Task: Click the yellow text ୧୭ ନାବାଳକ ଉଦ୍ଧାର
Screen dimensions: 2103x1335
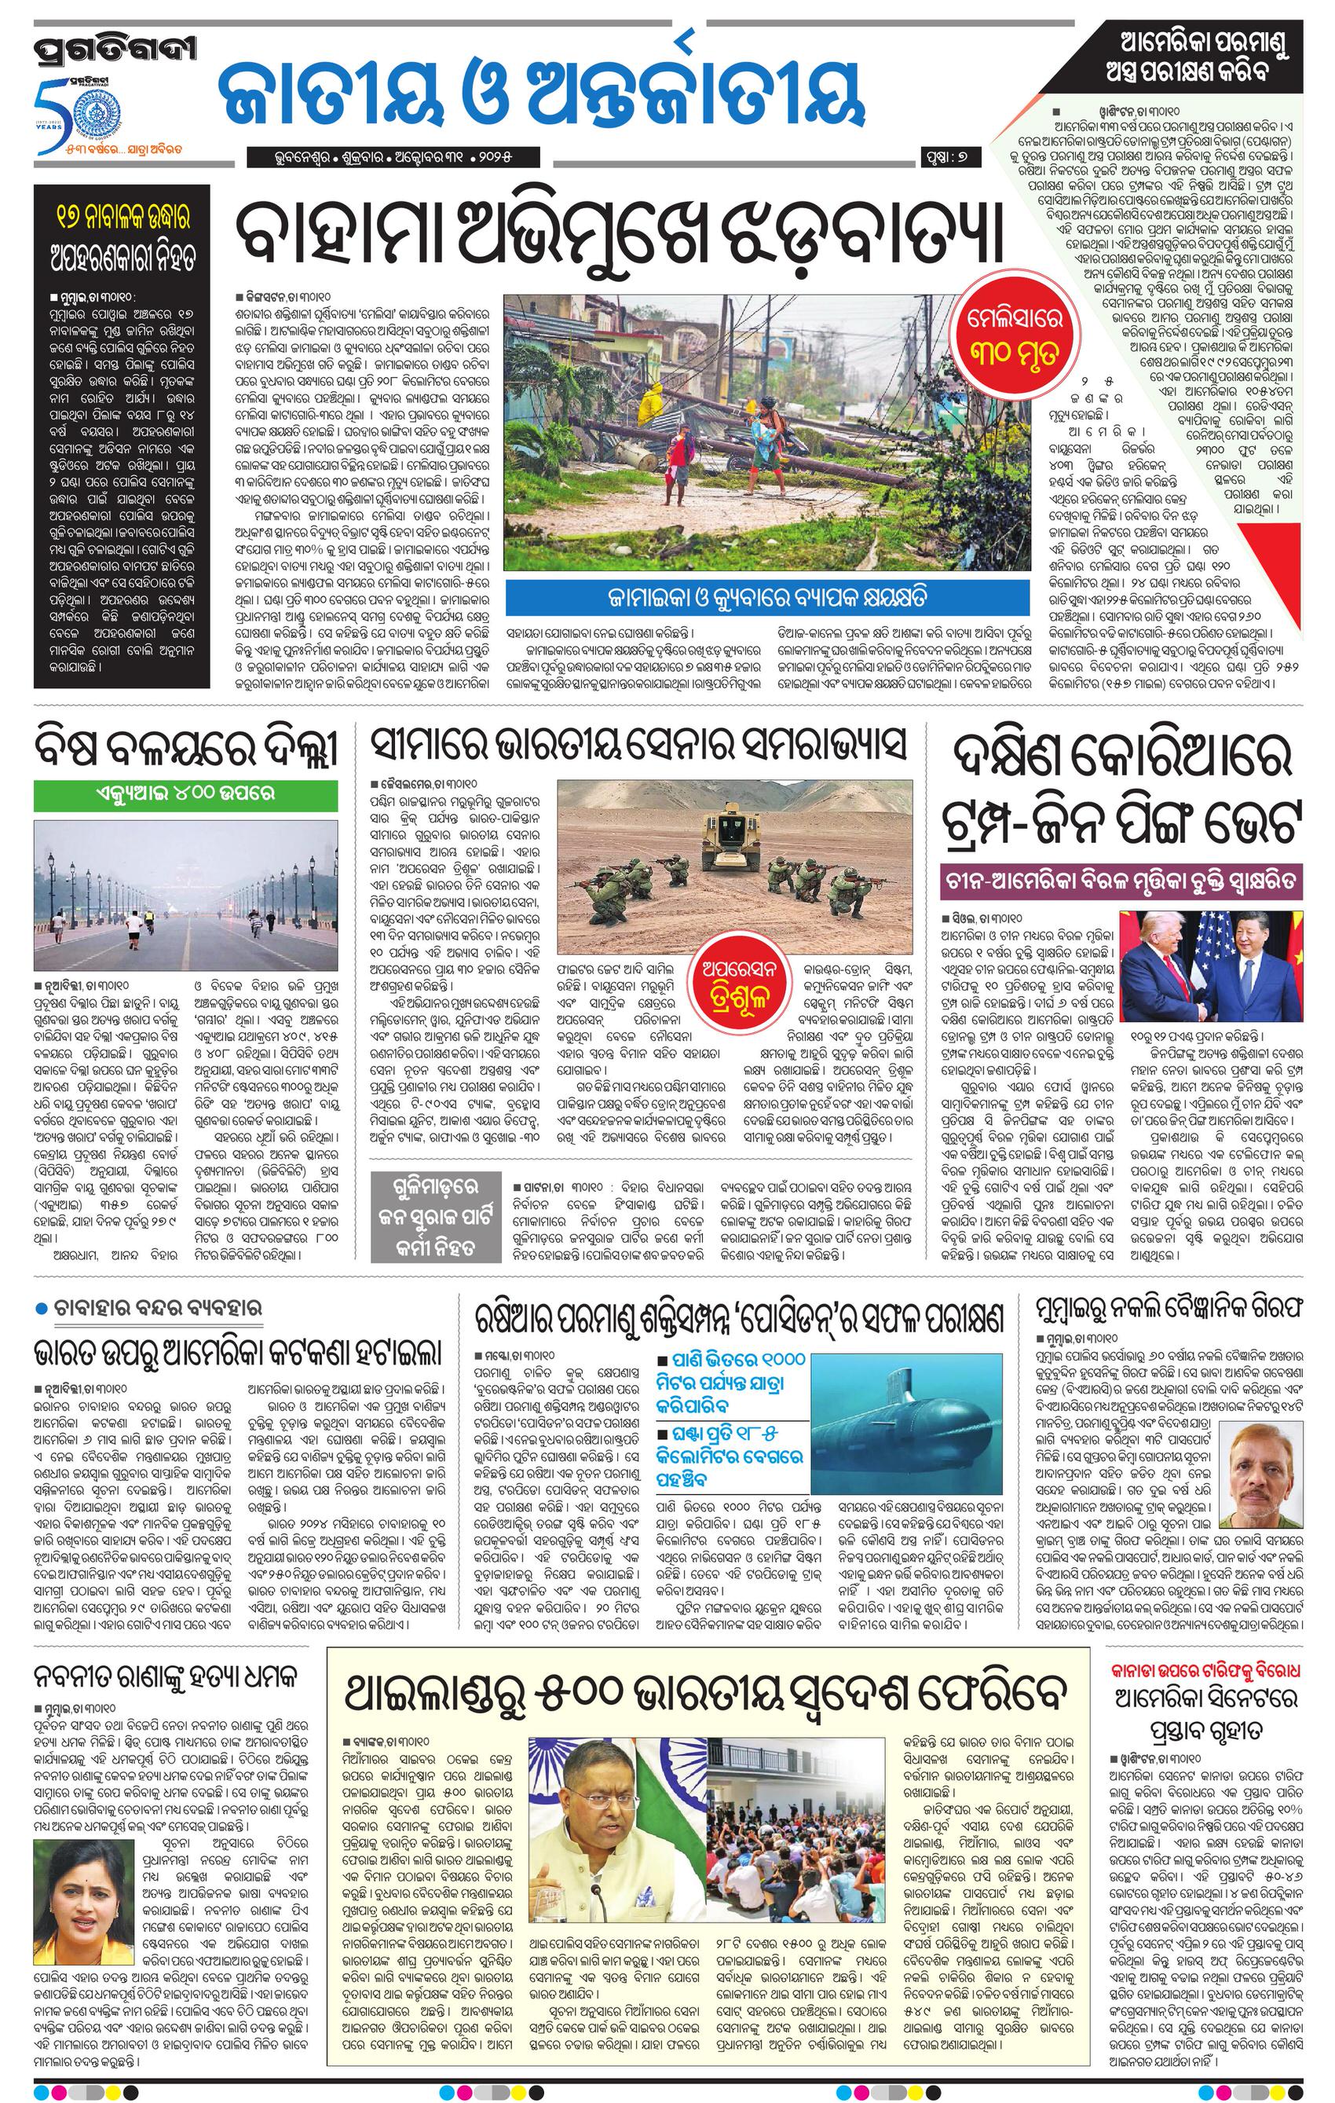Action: coord(123,216)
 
